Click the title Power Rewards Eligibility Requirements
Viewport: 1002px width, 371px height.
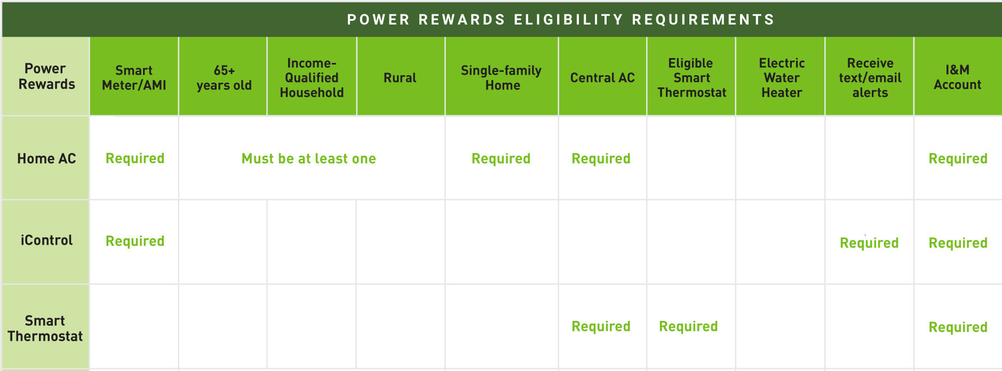pyautogui.click(x=561, y=20)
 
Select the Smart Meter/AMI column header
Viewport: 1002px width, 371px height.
pyautogui.click(x=134, y=78)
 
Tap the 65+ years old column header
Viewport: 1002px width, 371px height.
pyautogui.click(x=224, y=78)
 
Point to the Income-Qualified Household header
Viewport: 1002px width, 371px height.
pyautogui.click(x=312, y=78)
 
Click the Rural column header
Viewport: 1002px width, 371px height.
pyautogui.click(x=400, y=78)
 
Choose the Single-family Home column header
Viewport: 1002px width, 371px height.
pyautogui.click(x=502, y=78)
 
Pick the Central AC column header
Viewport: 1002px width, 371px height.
pyautogui.click(x=602, y=78)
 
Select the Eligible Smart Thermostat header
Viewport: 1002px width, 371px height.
pyautogui.click(x=691, y=78)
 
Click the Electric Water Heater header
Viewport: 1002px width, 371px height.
pyautogui.click(x=782, y=78)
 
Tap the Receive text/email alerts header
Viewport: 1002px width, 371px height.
pyautogui.click(x=870, y=78)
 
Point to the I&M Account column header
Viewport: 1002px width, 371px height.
pyautogui.click(x=958, y=77)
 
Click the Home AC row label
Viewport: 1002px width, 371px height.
pyautogui.click(x=46, y=158)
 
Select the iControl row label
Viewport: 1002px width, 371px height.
pyautogui.click(x=46, y=240)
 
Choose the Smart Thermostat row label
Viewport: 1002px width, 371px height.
pyautogui.click(x=45, y=328)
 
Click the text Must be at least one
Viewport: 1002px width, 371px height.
pyautogui.click(x=309, y=158)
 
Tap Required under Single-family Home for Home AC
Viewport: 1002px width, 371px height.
pyautogui.click(x=501, y=159)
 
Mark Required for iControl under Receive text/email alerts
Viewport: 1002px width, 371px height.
pyautogui.click(x=869, y=243)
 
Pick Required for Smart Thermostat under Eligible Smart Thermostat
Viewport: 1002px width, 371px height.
pyautogui.click(x=688, y=327)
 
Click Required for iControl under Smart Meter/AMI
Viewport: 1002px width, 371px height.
pyautogui.click(x=135, y=241)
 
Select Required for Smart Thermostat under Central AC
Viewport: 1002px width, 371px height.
pyautogui.click(x=601, y=327)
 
